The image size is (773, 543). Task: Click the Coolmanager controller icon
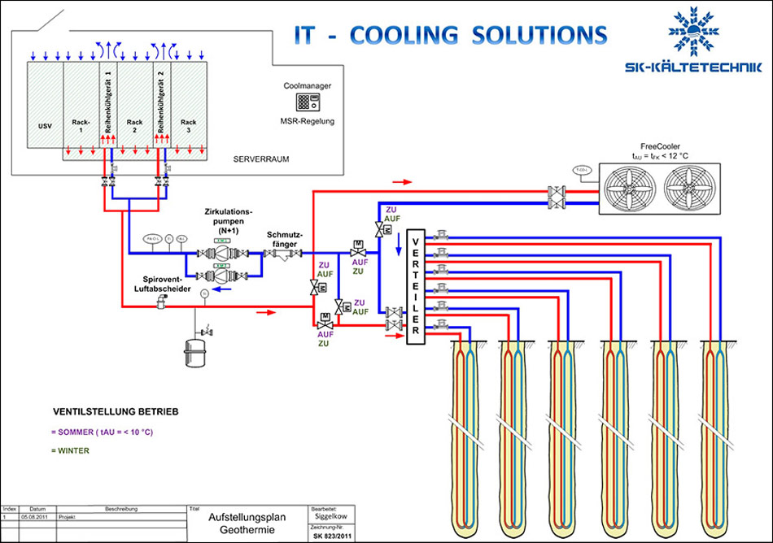tap(308, 103)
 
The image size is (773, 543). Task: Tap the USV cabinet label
tap(45, 126)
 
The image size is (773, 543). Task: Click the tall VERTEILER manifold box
tap(416, 286)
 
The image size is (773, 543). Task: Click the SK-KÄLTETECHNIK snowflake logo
tap(695, 33)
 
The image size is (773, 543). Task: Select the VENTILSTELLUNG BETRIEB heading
tap(116, 411)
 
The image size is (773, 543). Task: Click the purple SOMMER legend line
tap(101, 432)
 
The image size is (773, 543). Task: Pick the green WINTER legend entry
tap(70, 450)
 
